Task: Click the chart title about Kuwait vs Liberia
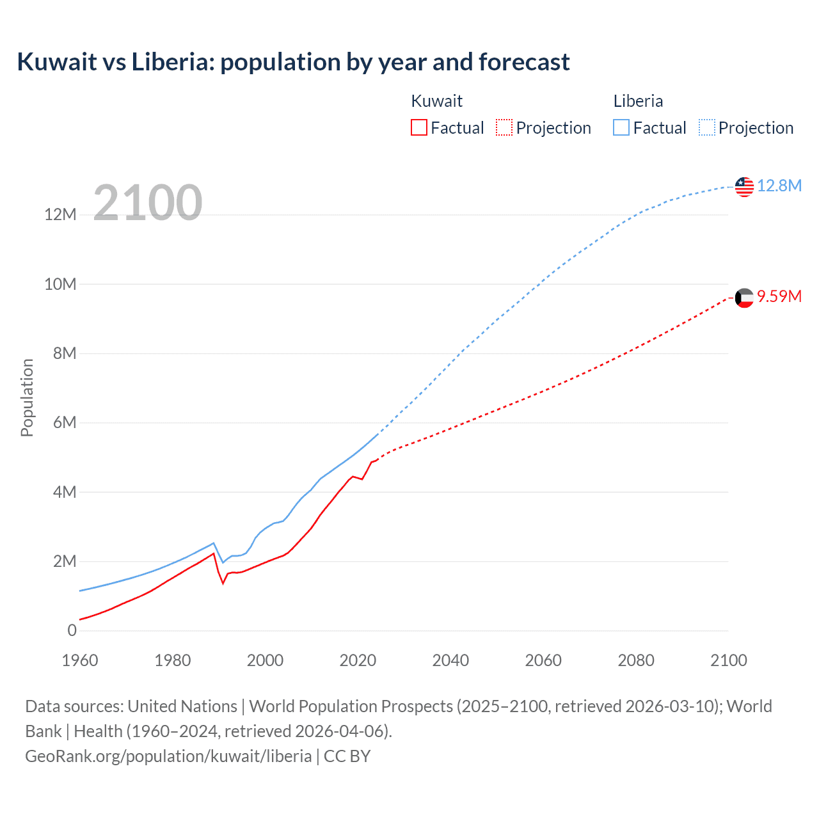pos(293,62)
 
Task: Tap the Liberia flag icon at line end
pos(744,187)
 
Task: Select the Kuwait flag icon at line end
pos(744,298)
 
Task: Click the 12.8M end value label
pos(779,186)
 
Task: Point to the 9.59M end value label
pos(779,297)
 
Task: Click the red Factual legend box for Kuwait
pos(419,127)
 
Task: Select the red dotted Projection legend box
pos(504,127)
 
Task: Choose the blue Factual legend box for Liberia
pos(621,127)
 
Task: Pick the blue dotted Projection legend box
pos(707,127)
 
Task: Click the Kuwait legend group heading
pos(436,101)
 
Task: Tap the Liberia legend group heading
pos(638,101)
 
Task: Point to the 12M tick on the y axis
pos(60,215)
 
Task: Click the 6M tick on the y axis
pos(64,423)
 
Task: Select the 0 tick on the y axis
pos(72,631)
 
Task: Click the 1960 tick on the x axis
pos(80,660)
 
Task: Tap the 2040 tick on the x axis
pos(450,660)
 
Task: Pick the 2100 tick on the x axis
pos(728,660)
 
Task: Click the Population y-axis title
pos(27,397)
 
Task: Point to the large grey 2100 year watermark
pos(148,203)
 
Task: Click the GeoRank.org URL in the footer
pos(168,756)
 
